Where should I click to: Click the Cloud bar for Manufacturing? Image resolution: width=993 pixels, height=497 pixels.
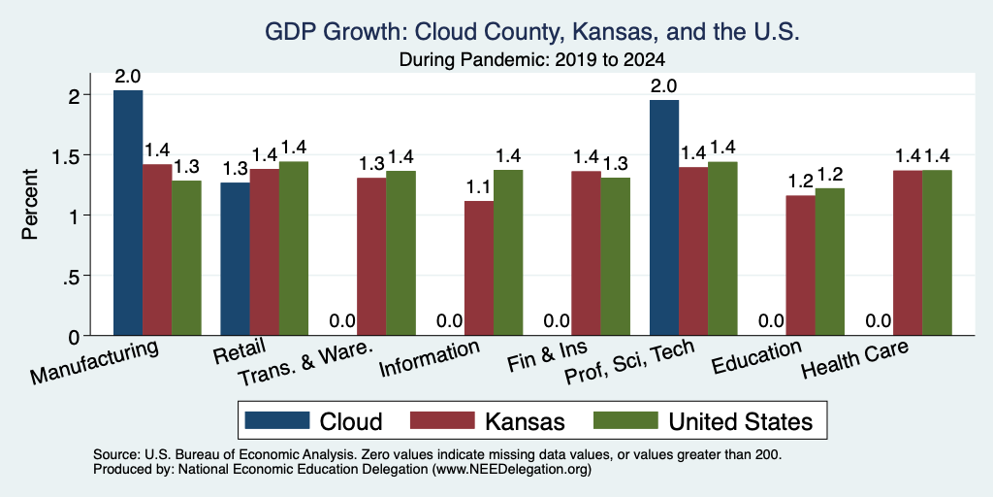click(x=128, y=213)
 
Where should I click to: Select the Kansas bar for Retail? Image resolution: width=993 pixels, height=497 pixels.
click(x=264, y=252)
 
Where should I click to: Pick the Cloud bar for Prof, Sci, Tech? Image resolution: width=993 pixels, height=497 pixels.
click(x=663, y=217)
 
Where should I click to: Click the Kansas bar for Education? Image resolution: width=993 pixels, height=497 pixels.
click(x=800, y=266)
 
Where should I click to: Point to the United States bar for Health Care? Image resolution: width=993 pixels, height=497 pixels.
click(x=937, y=253)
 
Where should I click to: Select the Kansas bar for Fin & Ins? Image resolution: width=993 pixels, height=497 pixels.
click(x=586, y=253)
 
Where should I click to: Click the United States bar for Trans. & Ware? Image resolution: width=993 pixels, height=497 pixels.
click(x=400, y=253)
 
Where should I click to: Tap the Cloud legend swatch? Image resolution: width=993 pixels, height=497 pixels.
click(x=277, y=420)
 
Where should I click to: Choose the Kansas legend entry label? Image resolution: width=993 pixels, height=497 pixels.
click(x=525, y=421)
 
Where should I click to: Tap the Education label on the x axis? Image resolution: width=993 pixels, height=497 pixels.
click(x=756, y=356)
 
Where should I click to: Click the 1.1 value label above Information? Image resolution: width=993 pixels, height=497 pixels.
click(x=479, y=187)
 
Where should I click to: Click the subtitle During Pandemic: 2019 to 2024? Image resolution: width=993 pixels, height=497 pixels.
click(x=532, y=60)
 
